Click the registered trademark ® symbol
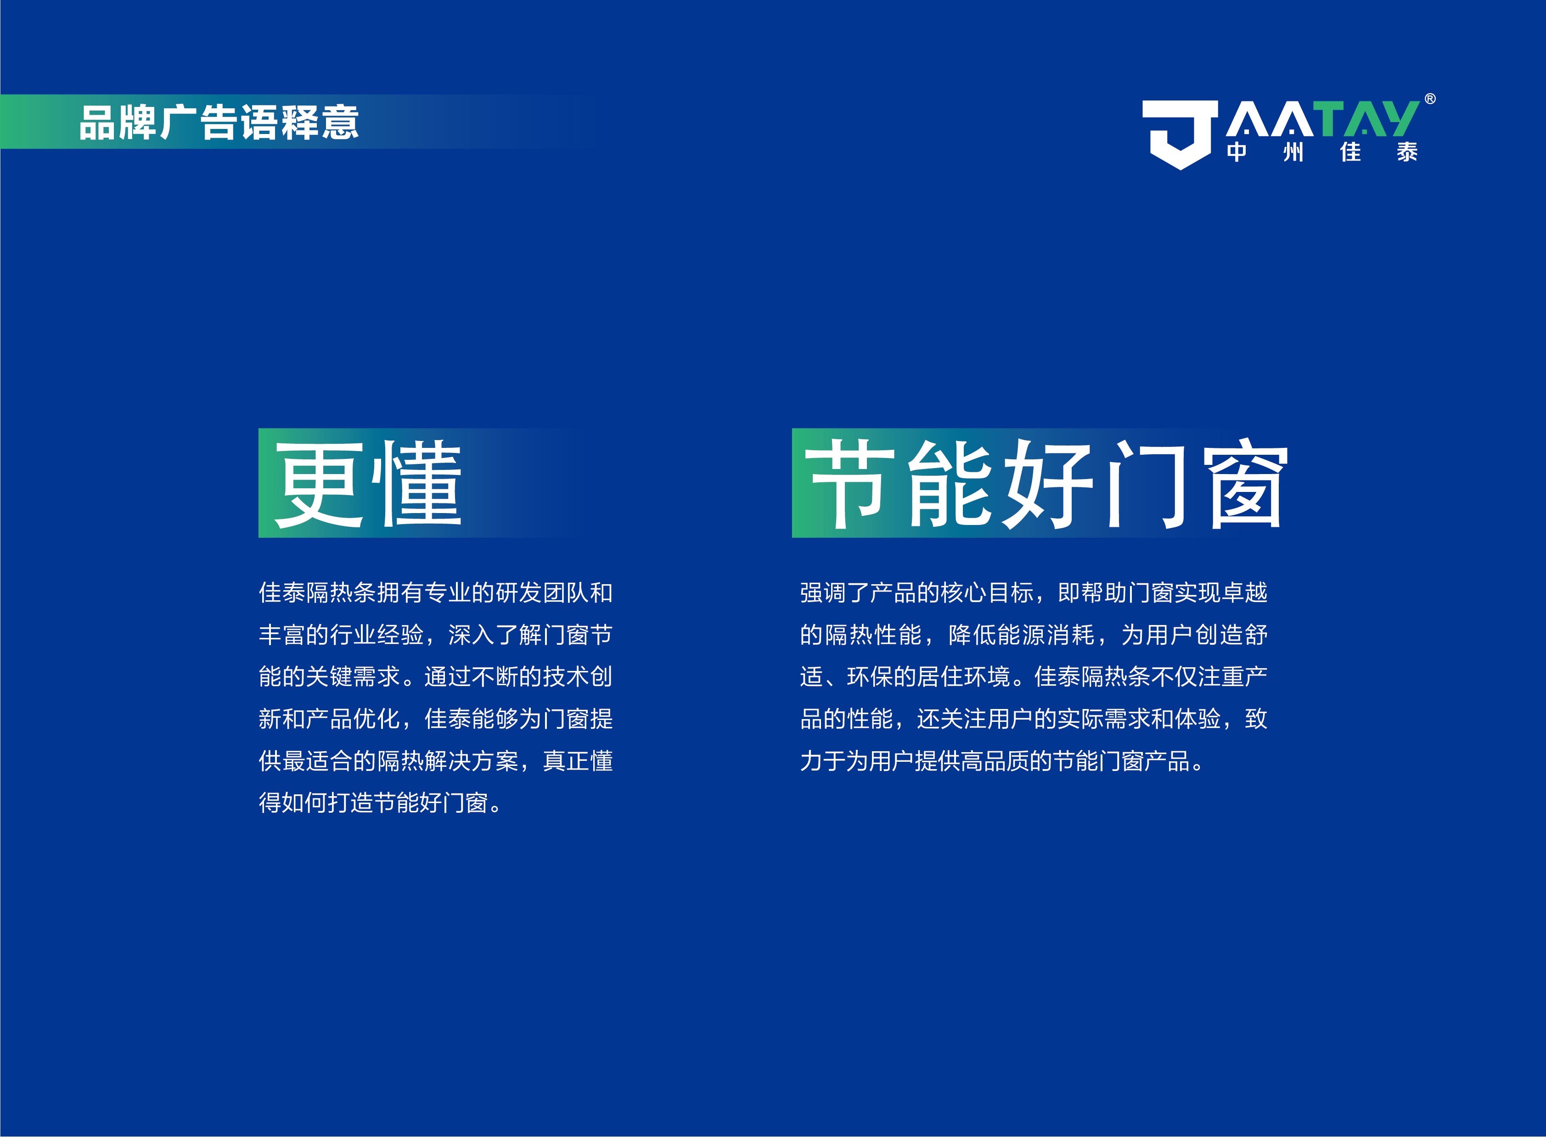click(1430, 99)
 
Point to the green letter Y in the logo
click(1397, 118)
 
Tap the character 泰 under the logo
click(1407, 152)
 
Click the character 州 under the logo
click(1293, 152)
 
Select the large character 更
click(318, 484)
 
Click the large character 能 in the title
click(950, 484)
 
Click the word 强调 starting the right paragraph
click(823, 593)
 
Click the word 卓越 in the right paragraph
click(1244, 593)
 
